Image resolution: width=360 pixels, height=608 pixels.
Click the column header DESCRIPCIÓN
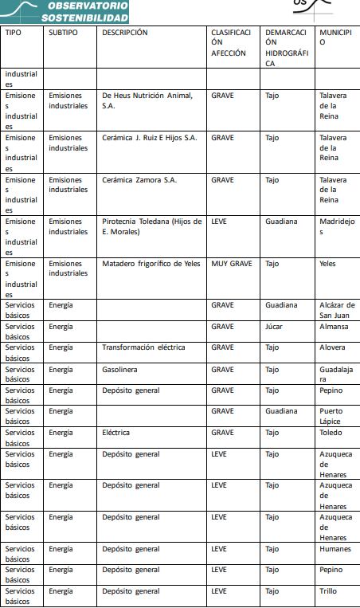tap(125, 33)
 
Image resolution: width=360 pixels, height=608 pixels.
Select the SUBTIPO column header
tap(63, 33)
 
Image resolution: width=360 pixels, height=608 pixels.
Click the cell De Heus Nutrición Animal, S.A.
tap(147, 100)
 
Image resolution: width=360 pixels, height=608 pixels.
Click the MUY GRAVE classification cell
tap(232, 264)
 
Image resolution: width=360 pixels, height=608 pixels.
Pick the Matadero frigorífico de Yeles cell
tap(151, 264)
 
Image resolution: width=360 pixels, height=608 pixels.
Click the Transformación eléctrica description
tap(143, 347)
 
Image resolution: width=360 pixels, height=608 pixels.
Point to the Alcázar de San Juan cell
tap(337, 310)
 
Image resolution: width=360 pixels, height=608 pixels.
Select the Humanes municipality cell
tap(335, 549)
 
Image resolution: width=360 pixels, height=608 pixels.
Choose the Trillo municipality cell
tap(329, 591)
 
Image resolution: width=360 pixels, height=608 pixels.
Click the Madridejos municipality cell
tap(336, 226)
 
